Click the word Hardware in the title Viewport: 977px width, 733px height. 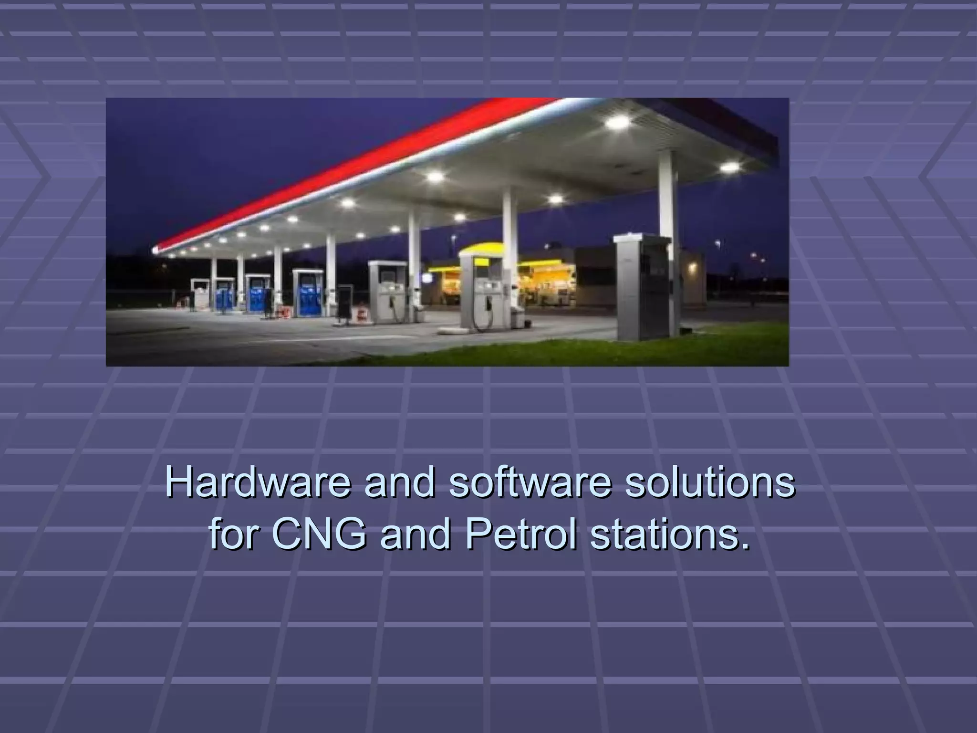click(x=258, y=483)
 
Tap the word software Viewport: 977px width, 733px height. click(x=530, y=483)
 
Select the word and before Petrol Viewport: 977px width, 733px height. click(x=415, y=534)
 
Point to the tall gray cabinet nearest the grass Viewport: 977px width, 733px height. click(x=642, y=286)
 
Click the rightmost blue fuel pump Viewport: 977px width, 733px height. click(x=308, y=293)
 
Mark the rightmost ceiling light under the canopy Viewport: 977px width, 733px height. click(x=729, y=167)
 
